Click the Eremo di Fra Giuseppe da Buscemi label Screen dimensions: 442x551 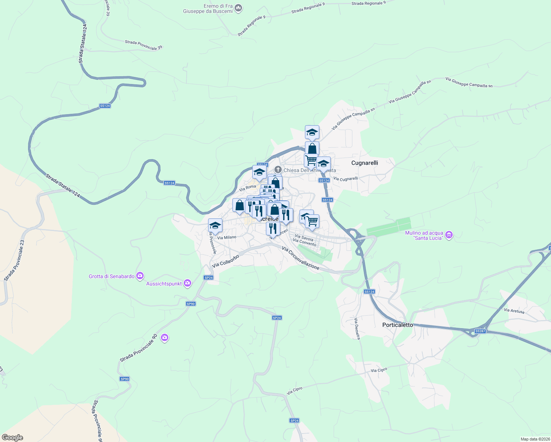click(208, 8)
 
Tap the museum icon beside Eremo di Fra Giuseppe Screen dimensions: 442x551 click(238, 8)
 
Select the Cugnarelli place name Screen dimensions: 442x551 click(365, 163)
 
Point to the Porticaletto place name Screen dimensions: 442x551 click(398, 325)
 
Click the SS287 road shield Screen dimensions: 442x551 click(480, 331)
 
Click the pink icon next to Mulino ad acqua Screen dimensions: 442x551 click(449, 235)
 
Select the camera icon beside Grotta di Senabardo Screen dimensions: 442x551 click(140, 276)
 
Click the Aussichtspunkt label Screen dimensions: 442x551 click(164, 284)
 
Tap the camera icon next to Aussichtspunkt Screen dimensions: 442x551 click(187, 283)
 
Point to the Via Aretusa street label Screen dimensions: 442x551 click(514, 311)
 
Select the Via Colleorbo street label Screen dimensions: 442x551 click(225, 261)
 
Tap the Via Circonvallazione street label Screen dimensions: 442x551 click(301, 258)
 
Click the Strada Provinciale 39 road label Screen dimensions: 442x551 click(143, 45)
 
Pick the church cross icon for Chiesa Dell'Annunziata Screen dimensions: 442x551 click(278, 170)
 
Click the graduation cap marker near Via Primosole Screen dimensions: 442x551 click(215, 225)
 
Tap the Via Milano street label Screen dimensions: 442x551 click(227, 238)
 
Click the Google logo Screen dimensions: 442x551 click(13, 438)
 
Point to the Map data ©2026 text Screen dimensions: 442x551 click(535, 439)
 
